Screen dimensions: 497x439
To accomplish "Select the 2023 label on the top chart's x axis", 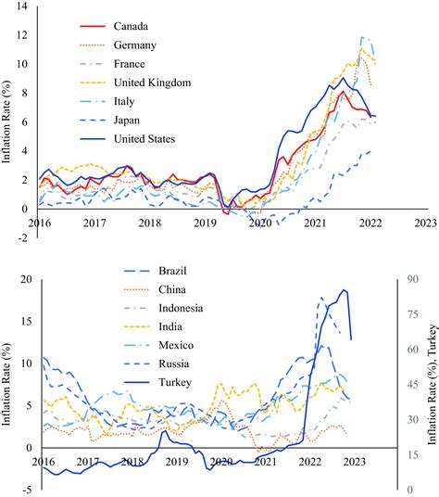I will coord(425,223).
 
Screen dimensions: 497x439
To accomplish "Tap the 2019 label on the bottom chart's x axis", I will coord(176,461).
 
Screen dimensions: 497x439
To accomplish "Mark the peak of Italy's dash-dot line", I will coord(364,37).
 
